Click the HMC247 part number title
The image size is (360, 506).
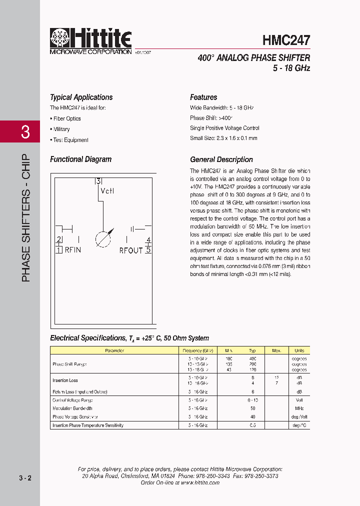pos(286,40)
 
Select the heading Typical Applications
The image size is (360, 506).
pos(81,97)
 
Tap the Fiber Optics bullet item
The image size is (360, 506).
pos(66,118)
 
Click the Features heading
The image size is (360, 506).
pos(203,97)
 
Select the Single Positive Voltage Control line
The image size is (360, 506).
pos(224,128)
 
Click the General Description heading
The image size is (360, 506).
pos(221,159)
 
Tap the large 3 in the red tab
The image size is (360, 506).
pos(25,132)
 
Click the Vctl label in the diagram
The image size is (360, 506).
pos(107,191)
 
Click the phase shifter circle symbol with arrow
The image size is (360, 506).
pos(103,238)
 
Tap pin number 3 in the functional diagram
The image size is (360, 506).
pos(98,181)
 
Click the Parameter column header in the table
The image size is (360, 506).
pos(114,350)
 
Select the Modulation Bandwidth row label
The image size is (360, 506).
pos(72,408)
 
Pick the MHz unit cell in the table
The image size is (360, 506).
pos(299,408)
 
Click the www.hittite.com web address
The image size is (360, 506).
pos(200,483)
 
